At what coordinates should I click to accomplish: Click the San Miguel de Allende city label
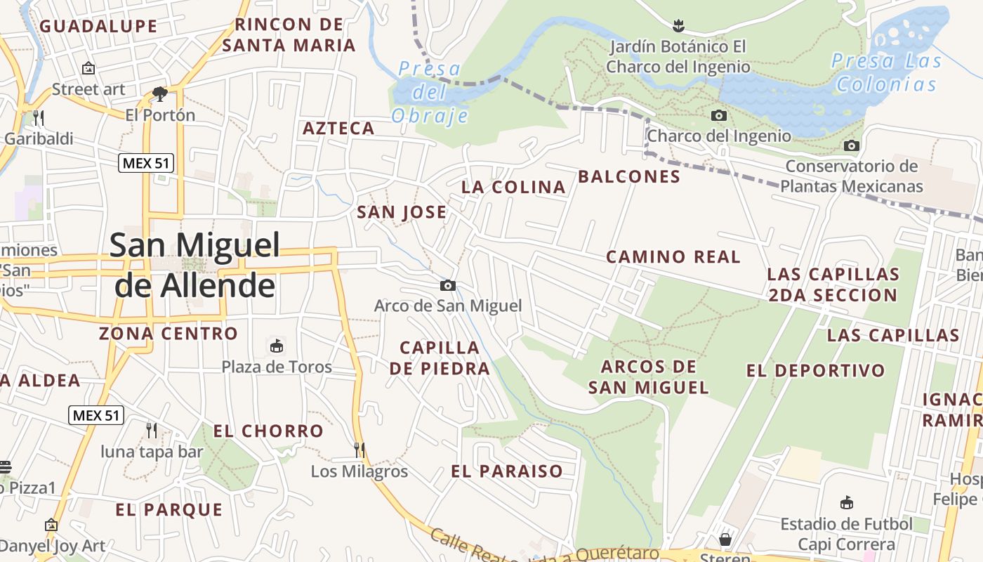click(194, 266)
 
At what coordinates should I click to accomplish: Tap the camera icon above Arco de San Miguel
click(447, 285)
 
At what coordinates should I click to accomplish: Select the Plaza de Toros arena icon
click(277, 346)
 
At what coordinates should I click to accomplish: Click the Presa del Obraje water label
click(429, 92)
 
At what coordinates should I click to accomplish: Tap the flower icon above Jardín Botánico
click(678, 27)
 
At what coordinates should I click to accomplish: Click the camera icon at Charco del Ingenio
click(719, 115)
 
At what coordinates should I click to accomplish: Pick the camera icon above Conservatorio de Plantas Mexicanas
click(851, 145)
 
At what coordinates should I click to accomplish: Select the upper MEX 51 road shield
click(146, 164)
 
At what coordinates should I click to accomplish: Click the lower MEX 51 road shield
click(96, 415)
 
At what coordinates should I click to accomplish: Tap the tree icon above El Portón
click(160, 93)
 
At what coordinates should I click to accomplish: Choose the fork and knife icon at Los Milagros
click(359, 450)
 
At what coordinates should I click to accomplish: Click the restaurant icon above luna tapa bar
click(151, 430)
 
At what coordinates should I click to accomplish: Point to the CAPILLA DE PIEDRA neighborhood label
click(440, 358)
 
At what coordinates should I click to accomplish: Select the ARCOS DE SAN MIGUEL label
click(648, 377)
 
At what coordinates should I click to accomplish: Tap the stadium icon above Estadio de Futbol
click(847, 503)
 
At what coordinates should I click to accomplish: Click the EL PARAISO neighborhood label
click(507, 471)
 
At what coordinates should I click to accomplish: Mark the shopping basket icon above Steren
click(725, 540)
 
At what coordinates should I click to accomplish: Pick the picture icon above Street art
click(88, 68)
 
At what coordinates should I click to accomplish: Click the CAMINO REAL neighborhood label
click(673, 257)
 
